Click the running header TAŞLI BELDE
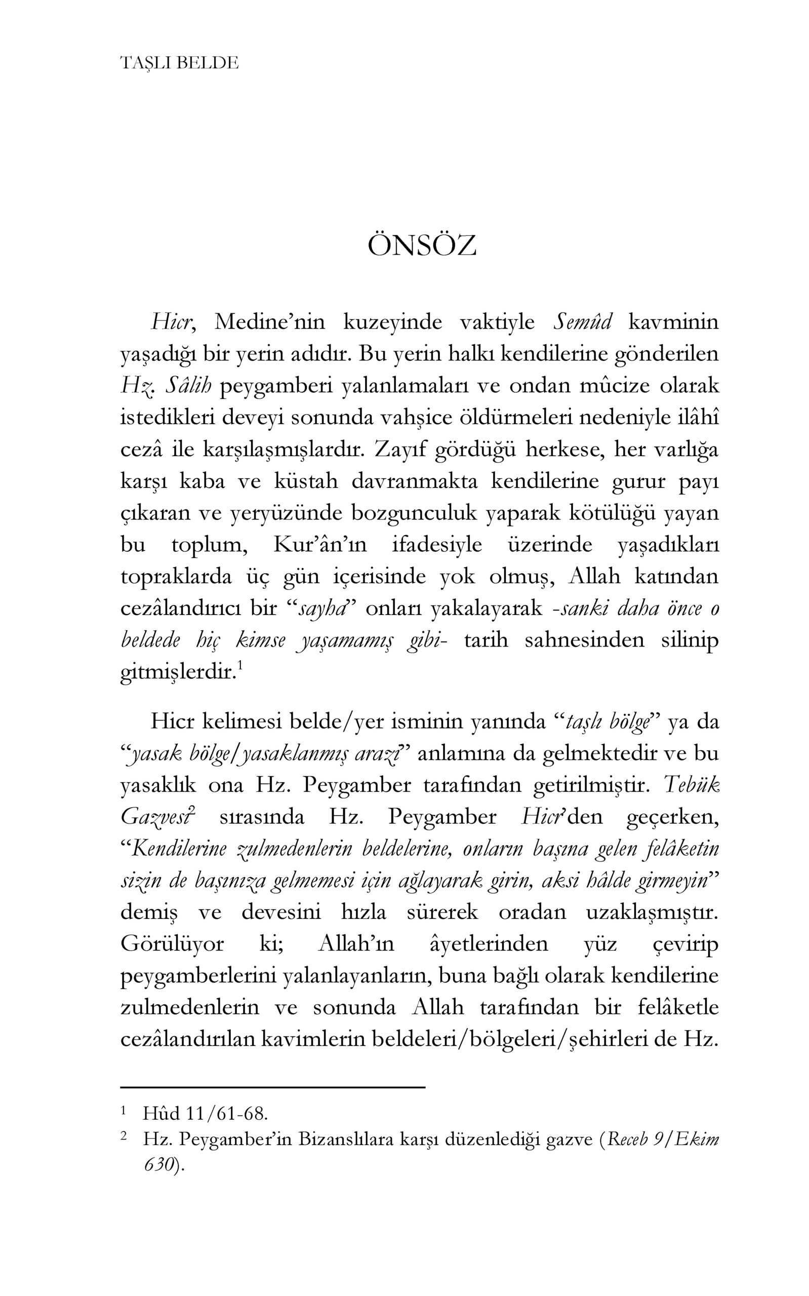[179, 63]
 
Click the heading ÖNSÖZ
[422, 246]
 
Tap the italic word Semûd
[582, 322]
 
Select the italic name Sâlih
[188, 386]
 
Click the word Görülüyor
[172, 944]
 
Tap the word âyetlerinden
[489, 944]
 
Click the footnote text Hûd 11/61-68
[205, 1114]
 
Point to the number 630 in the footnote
[159, 1165]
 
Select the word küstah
[306, 481]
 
